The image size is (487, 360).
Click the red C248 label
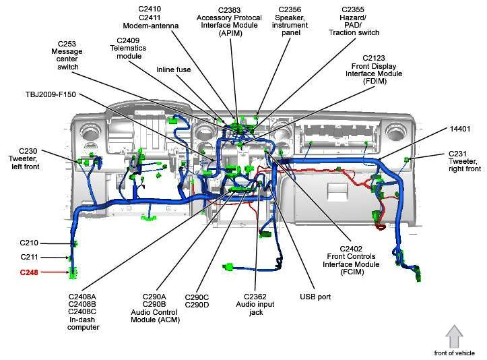pyautogui.click(x=29, y=272)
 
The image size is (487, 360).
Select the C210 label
pyautogui.click(x=29, y=243)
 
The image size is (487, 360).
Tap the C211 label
pyautogui.click(x=29, y=257)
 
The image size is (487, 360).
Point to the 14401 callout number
pyautogui.click(x=459, y=128)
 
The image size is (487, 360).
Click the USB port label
pyautogui.click(x=315, y=297)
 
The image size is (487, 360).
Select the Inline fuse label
pyautogui.click(x=173, y=69)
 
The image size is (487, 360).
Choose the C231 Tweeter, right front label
pyautogui.click(x=464, y=161)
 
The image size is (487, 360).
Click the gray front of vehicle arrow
pyautogui.click(x=455, y=336)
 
